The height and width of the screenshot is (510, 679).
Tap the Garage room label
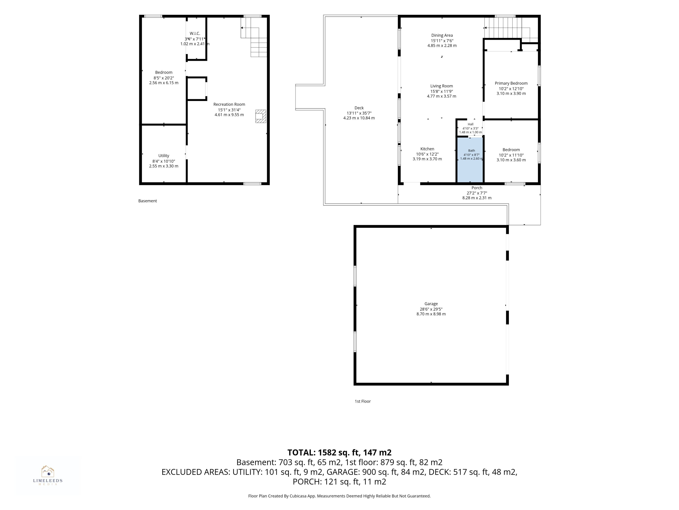(x=431, y=304)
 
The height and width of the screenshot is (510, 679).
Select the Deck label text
(x=359, y=108)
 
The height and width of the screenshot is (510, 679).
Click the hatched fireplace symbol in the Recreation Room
(x=261, y=116)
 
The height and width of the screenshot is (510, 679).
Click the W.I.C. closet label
(x=195, y=33)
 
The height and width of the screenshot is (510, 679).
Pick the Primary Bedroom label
(x=511, y=83)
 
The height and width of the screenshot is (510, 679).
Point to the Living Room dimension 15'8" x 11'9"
(x=441, y=91)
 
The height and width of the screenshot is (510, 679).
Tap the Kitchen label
(x=427, y=149)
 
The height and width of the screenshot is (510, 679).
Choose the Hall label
(x=471, y=124)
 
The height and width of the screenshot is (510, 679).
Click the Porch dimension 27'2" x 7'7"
(x=477, y=193)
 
